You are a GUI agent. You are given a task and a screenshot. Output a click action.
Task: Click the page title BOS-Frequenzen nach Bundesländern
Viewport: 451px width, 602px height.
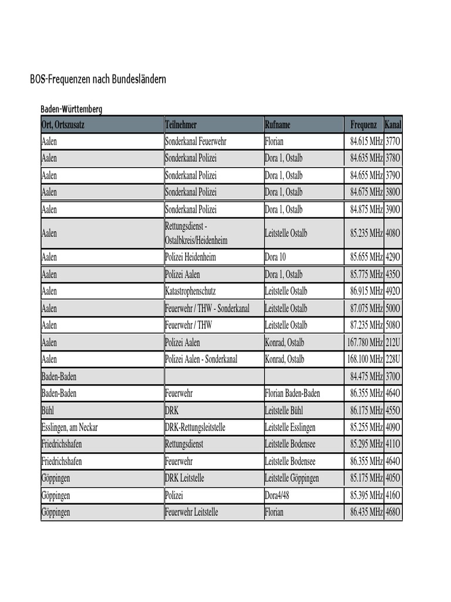click(98, 79)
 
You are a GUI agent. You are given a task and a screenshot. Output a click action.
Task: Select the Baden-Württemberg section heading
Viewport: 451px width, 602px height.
click(71, 109)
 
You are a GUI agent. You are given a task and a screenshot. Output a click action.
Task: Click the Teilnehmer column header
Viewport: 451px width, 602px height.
click(181, 125)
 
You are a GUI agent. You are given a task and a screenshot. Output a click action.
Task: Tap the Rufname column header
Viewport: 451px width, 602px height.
click(277, 125)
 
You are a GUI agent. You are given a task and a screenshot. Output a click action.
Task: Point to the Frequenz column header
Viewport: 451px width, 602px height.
click(364, 125)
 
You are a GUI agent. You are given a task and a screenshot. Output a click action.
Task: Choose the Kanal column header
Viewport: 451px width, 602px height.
click(393, 125)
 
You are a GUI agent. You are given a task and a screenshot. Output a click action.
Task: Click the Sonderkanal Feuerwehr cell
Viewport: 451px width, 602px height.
click(196, 142)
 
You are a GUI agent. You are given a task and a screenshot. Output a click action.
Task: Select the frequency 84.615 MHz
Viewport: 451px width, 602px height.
click(366, 142)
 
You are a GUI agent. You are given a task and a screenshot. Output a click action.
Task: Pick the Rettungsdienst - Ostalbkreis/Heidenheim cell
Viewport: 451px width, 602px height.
click(196, 233)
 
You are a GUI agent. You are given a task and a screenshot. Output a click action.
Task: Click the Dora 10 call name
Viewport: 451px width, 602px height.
click(275, 257)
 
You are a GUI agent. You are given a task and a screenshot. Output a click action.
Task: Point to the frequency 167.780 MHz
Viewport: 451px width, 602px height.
click(365, 342)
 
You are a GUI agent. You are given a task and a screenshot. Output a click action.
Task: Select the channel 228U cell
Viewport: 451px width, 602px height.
click(393, 359)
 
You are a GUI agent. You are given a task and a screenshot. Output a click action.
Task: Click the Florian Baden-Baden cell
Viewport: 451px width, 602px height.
click(292, 393)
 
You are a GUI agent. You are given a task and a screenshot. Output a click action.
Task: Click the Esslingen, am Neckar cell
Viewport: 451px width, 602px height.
click(69, 427)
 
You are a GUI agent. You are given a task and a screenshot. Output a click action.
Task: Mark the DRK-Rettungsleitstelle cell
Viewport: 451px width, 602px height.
click(195, 427)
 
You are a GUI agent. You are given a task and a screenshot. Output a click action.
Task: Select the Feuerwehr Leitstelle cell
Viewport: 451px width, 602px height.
click(191, 513)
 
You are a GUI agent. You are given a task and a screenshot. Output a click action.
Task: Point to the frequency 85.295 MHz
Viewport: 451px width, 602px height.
click(366, 444)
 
